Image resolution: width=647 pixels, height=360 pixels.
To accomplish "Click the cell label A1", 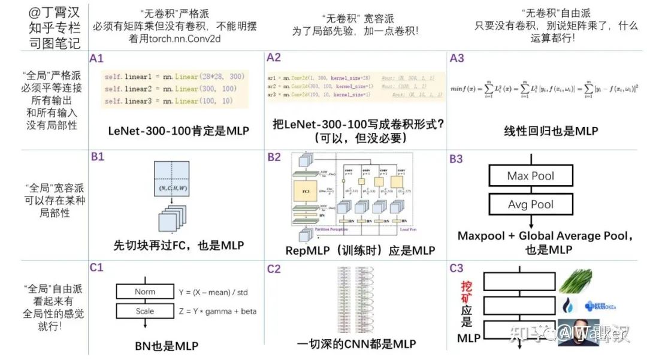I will (96, 59).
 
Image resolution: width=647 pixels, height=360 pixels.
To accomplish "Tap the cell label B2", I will (274, 158).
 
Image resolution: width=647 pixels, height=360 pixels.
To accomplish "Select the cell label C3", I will (456, 269).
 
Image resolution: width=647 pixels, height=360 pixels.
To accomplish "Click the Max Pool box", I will (530, 176).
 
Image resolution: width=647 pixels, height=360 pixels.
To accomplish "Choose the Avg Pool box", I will (530, 204).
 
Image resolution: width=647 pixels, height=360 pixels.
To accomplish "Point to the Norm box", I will (144, 292).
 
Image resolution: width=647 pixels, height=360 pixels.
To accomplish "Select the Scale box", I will (144, 311).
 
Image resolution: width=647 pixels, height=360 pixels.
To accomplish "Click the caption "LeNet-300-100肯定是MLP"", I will (179, 131).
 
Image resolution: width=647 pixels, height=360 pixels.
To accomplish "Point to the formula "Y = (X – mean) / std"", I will (213, 292).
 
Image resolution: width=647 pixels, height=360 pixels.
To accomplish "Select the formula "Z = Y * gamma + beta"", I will (217, 311).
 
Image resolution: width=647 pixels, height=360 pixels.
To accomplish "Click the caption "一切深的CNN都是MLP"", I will (356, 344).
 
